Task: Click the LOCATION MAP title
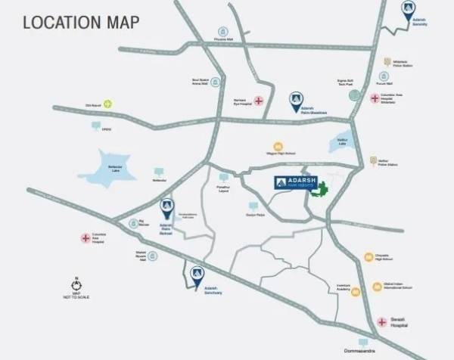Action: pyautogui.click(x=81, y=22)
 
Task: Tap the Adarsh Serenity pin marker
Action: pyautogui.click(x=408, y=9)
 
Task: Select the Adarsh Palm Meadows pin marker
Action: pyautogui.click(x=295, y=98)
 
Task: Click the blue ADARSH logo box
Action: pyautogui.click(x=291, y=184)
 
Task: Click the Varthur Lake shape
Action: pyautogui.click(x=337, y=141)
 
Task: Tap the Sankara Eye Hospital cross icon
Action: pyautogui.click(x=259, y=101)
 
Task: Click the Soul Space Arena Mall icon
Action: pyautogui.click(x=216, y=81)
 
